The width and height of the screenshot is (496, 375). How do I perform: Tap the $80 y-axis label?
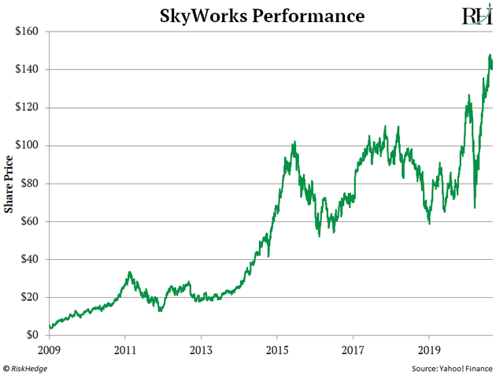point(34,184)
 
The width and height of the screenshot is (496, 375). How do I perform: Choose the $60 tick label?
point(34,221)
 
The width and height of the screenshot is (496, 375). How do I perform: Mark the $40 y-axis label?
point(34,259)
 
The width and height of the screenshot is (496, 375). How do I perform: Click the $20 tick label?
point(34,297)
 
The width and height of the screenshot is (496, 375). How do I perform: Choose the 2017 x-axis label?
point(353,347)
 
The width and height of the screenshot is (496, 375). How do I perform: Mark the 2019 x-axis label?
point(428,347)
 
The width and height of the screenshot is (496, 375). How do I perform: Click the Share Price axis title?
point(9,184)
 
